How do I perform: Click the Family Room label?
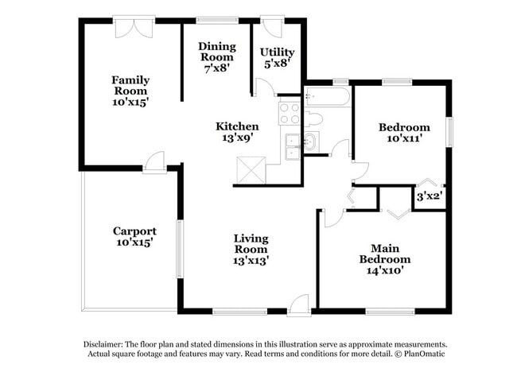(130, 91)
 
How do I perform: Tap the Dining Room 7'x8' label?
(216, 57)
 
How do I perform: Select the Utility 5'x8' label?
(277, 57)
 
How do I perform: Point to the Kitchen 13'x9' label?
(237, 132)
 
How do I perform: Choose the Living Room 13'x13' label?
(251, 249)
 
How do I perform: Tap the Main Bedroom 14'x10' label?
(385, 259)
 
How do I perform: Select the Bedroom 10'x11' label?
(404, 133)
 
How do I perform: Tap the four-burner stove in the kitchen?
(288, 114)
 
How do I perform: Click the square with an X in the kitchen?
(249, 169)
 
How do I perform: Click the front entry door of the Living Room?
(298, 304)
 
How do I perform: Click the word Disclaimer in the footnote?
(107, 343)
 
